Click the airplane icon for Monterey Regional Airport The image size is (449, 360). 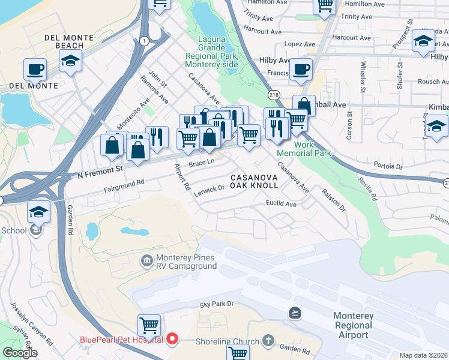pyautogui.click(x=295, y=313)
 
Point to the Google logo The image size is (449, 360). pyautogui.click(x=20, y=353)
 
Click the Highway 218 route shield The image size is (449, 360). pyautogui.click(x=274, y=95)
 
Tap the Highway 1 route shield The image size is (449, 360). pyautogui.click(x=144, y=40)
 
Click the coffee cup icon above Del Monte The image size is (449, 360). pyautogui.click(x=35, y=68)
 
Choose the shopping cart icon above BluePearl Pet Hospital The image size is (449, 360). pyautogui.click(x=149, y=325)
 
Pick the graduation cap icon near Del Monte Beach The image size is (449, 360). pyautogui.click(x=70, y=61)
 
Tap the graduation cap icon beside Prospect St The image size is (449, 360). pyautogui.click(x=424, y=41)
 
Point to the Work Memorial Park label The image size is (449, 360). pyautogui.click(x=312, y=149)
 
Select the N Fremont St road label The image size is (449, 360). pyautogui.click(x=91, y=171)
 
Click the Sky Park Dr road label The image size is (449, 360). pyautogui.click(x=216, y=304)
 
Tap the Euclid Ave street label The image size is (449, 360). pyautogui.click(x=282, y=204)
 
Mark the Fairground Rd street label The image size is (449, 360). pyautogui.click(x=124, y=182)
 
